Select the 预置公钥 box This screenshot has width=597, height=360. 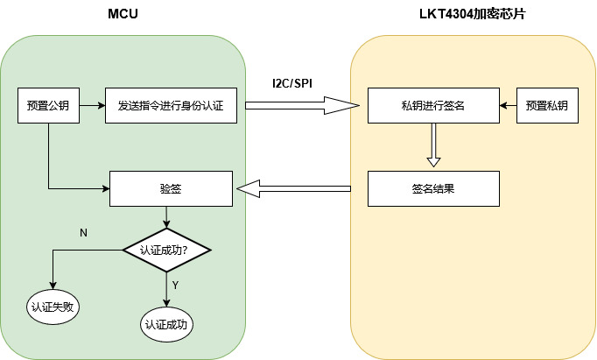[x=49, y=106]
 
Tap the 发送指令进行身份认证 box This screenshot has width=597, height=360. [x=171, y=106]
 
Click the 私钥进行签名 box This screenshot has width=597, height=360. [x=433, y=106]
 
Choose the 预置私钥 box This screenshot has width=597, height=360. [x=547, y=106]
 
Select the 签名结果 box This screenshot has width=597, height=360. [x=433, y=187]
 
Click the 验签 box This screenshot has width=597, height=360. [x=171, y=187]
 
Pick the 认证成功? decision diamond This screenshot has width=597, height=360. [x=165, y=251]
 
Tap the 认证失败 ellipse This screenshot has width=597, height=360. [x=53, y=307]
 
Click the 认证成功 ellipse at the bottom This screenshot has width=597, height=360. [x=165, y=324]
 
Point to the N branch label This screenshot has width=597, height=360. [x=84, y=233]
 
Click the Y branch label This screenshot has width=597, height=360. [x=175, y=286]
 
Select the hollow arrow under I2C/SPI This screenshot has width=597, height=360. [x=302, y=106]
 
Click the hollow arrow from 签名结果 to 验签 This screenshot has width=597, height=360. [x=293, y=187]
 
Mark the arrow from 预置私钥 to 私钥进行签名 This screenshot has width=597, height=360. [x=508, y=106]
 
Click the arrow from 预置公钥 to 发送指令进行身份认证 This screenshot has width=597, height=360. [x=92, y=106]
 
